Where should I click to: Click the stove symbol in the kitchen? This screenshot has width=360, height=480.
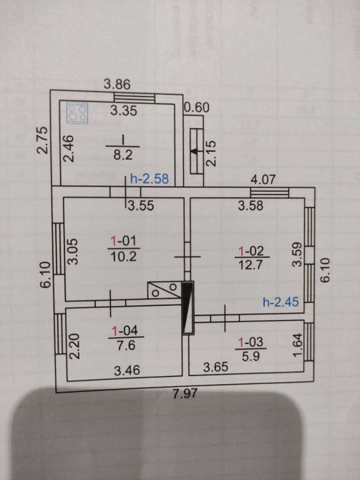click(77, 113)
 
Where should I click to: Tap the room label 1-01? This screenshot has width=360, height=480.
click(124, 241)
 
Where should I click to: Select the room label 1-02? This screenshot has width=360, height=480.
click(250, 251)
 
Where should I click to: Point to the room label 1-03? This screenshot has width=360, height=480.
click(250, 342)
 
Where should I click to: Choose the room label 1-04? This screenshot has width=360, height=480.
click(125, 330)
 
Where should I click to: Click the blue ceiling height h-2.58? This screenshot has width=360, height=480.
click(150, 178)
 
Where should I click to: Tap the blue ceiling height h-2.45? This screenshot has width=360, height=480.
click(281, 302)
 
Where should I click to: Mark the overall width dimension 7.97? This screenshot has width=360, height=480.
click(185, 393)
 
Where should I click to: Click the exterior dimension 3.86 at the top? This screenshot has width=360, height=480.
click(117, 85)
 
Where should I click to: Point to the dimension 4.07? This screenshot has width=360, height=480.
click(263, 179)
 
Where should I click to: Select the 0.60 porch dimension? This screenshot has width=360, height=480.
click(198, 107)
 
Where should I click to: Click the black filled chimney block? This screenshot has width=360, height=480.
click(188, 307)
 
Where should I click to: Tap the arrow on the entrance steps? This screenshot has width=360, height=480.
click(194, 150)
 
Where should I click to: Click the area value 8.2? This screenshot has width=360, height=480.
click(123, 155)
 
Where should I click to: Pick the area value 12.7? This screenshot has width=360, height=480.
click(250, 265)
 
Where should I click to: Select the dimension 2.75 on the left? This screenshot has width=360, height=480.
click(42, 140)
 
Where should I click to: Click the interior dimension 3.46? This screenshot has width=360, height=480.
click(127, 370)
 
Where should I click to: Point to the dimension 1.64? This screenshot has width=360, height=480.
click(298, 345)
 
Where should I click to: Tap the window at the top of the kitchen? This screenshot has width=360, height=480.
click(135, 98)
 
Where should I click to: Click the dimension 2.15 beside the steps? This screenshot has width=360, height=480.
click(211, 153)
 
